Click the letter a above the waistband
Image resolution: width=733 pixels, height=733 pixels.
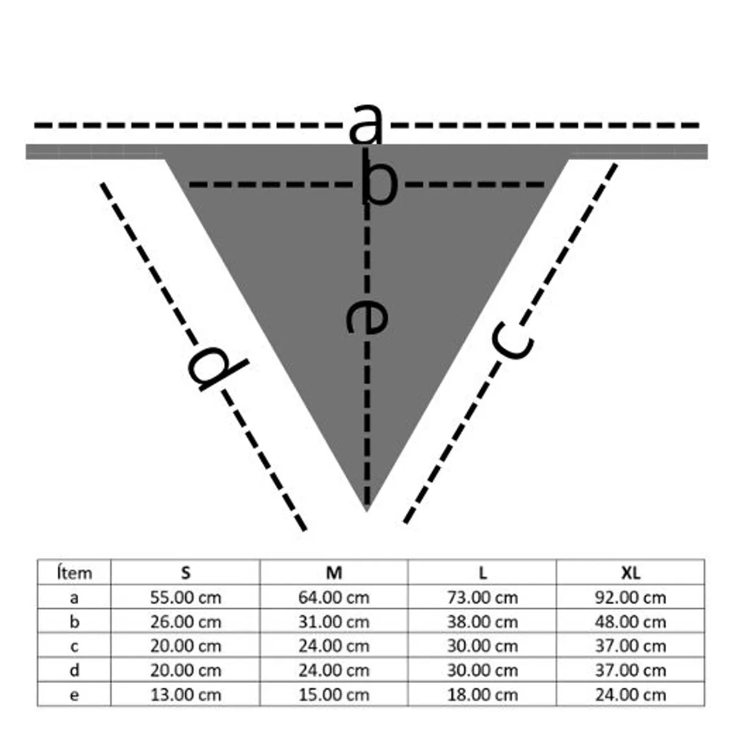(366, 124)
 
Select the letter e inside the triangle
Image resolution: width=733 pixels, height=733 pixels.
(366, 316)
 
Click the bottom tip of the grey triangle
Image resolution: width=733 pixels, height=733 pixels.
(366, 508)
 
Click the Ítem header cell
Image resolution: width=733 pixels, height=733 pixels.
(74, 573)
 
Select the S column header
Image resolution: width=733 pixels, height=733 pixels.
(186, 573)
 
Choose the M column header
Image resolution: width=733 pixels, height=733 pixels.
(334, 573)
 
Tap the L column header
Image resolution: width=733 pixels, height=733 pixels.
(483, 573)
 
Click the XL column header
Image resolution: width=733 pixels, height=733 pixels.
(630, 573)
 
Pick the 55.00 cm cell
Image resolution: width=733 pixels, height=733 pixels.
(186, 597)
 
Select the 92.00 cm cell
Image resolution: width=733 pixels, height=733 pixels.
(630, 597)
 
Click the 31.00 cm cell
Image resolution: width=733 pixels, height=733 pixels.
(334, 622)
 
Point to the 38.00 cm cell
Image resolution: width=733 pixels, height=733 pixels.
(483, 622)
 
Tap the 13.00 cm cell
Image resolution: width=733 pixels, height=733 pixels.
(186, 695)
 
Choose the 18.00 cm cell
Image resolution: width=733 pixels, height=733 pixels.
(483, 695)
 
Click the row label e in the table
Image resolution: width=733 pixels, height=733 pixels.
(74, 695)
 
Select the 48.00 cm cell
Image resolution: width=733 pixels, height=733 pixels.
(630, 622)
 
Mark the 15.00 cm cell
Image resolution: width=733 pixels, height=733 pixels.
(334, 695)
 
